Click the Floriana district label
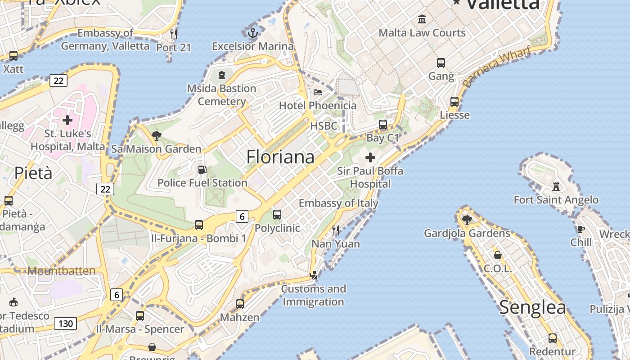tap(280, 157)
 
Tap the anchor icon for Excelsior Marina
tap(253, 32)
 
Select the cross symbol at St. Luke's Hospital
tap(67, 120)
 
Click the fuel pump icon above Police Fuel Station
tap(202, 170)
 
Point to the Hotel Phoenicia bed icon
tap(318, 92)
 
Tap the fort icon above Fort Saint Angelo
tap(556, 186)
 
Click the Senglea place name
tap(532, 307)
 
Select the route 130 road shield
tap(66, 323)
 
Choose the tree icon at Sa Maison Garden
tap(157, 135)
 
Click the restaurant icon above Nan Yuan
tap(336, 230)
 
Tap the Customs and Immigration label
tap(314, 295)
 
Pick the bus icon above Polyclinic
tap(277, 215)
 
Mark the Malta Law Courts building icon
tap(422, 19)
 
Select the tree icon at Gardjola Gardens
tap(467, 220)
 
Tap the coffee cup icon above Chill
tap(581, 229)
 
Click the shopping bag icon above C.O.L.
tap(498, 255)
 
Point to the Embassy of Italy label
tap(338, 203)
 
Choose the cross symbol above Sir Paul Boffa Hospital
tap(370, 157)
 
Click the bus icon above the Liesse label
tap(454, 102)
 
